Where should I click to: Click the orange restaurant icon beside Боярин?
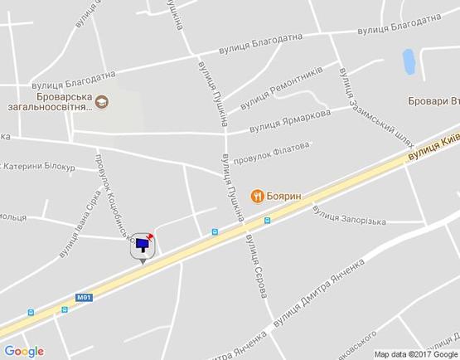(259, 195)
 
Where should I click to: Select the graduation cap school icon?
(101, 102)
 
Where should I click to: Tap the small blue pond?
(408, 61)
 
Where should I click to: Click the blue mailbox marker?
(144, 244)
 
